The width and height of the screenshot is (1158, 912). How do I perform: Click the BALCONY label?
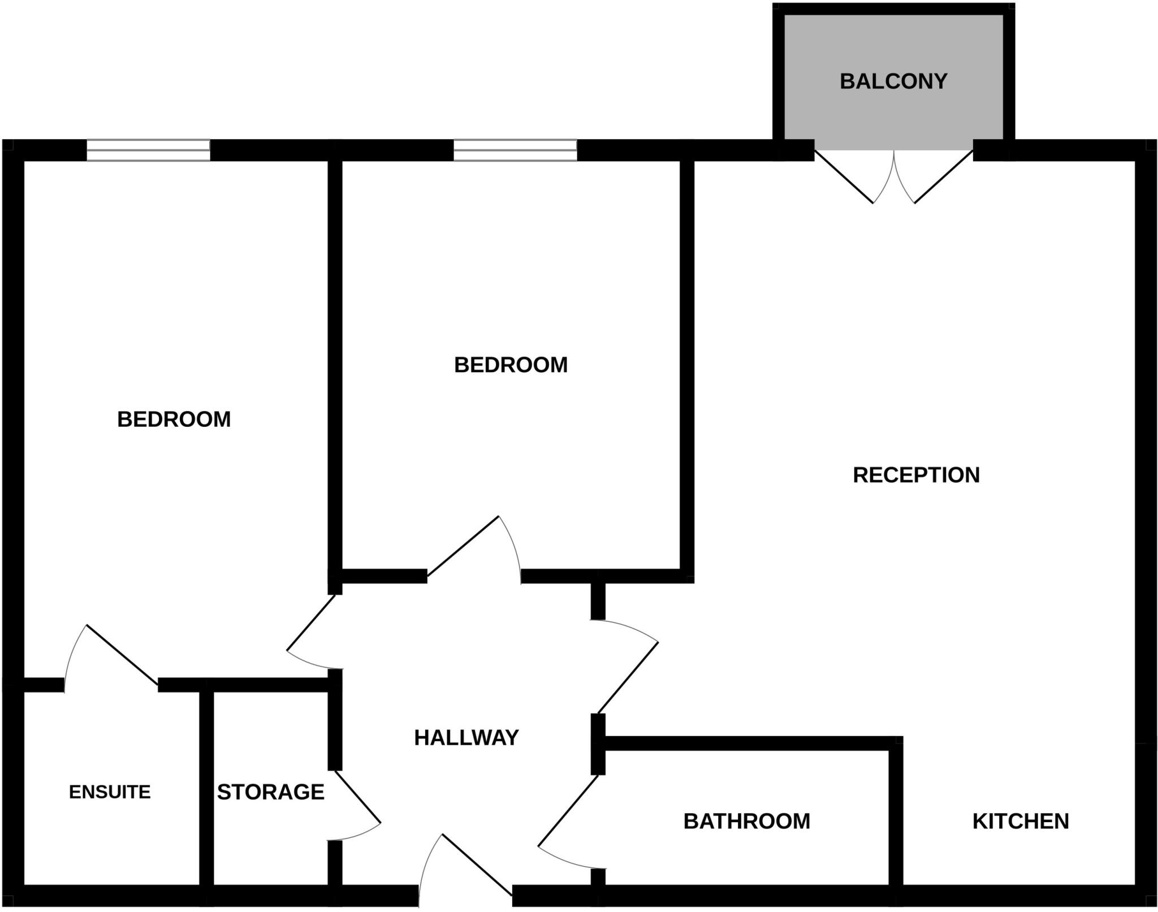click(x=893, y=81)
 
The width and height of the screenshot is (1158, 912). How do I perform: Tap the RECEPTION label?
click(x=916, y=475)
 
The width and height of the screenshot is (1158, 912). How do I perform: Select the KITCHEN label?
click(x=1021, y=821)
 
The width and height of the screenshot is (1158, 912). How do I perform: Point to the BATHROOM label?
click(x=746, y=821)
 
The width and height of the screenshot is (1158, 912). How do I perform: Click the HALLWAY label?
click(x=466, y=737)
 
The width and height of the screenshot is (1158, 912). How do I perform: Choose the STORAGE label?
click(x=271, y=792)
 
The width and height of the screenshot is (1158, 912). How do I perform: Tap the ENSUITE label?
click(x=110, y=792)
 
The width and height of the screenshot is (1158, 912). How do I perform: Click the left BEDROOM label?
click(x=174, y=419)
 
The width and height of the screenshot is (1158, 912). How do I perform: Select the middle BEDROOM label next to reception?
click(x=511, y=365)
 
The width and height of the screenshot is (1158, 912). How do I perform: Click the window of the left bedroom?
click(x=148, y=150)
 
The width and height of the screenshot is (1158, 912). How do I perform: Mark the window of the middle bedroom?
click(x=515, y=150)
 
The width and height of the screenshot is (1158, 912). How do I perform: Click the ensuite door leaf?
click(x=122, y=654)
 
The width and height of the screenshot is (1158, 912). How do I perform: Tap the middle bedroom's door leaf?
click(x=463, y=546)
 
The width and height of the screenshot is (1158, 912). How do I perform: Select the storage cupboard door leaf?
click(x=357, y=796)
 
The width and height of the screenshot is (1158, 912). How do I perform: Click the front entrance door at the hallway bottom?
click(x=477, y=865)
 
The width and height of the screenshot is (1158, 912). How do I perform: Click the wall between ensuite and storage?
click(x=206, y=792)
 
